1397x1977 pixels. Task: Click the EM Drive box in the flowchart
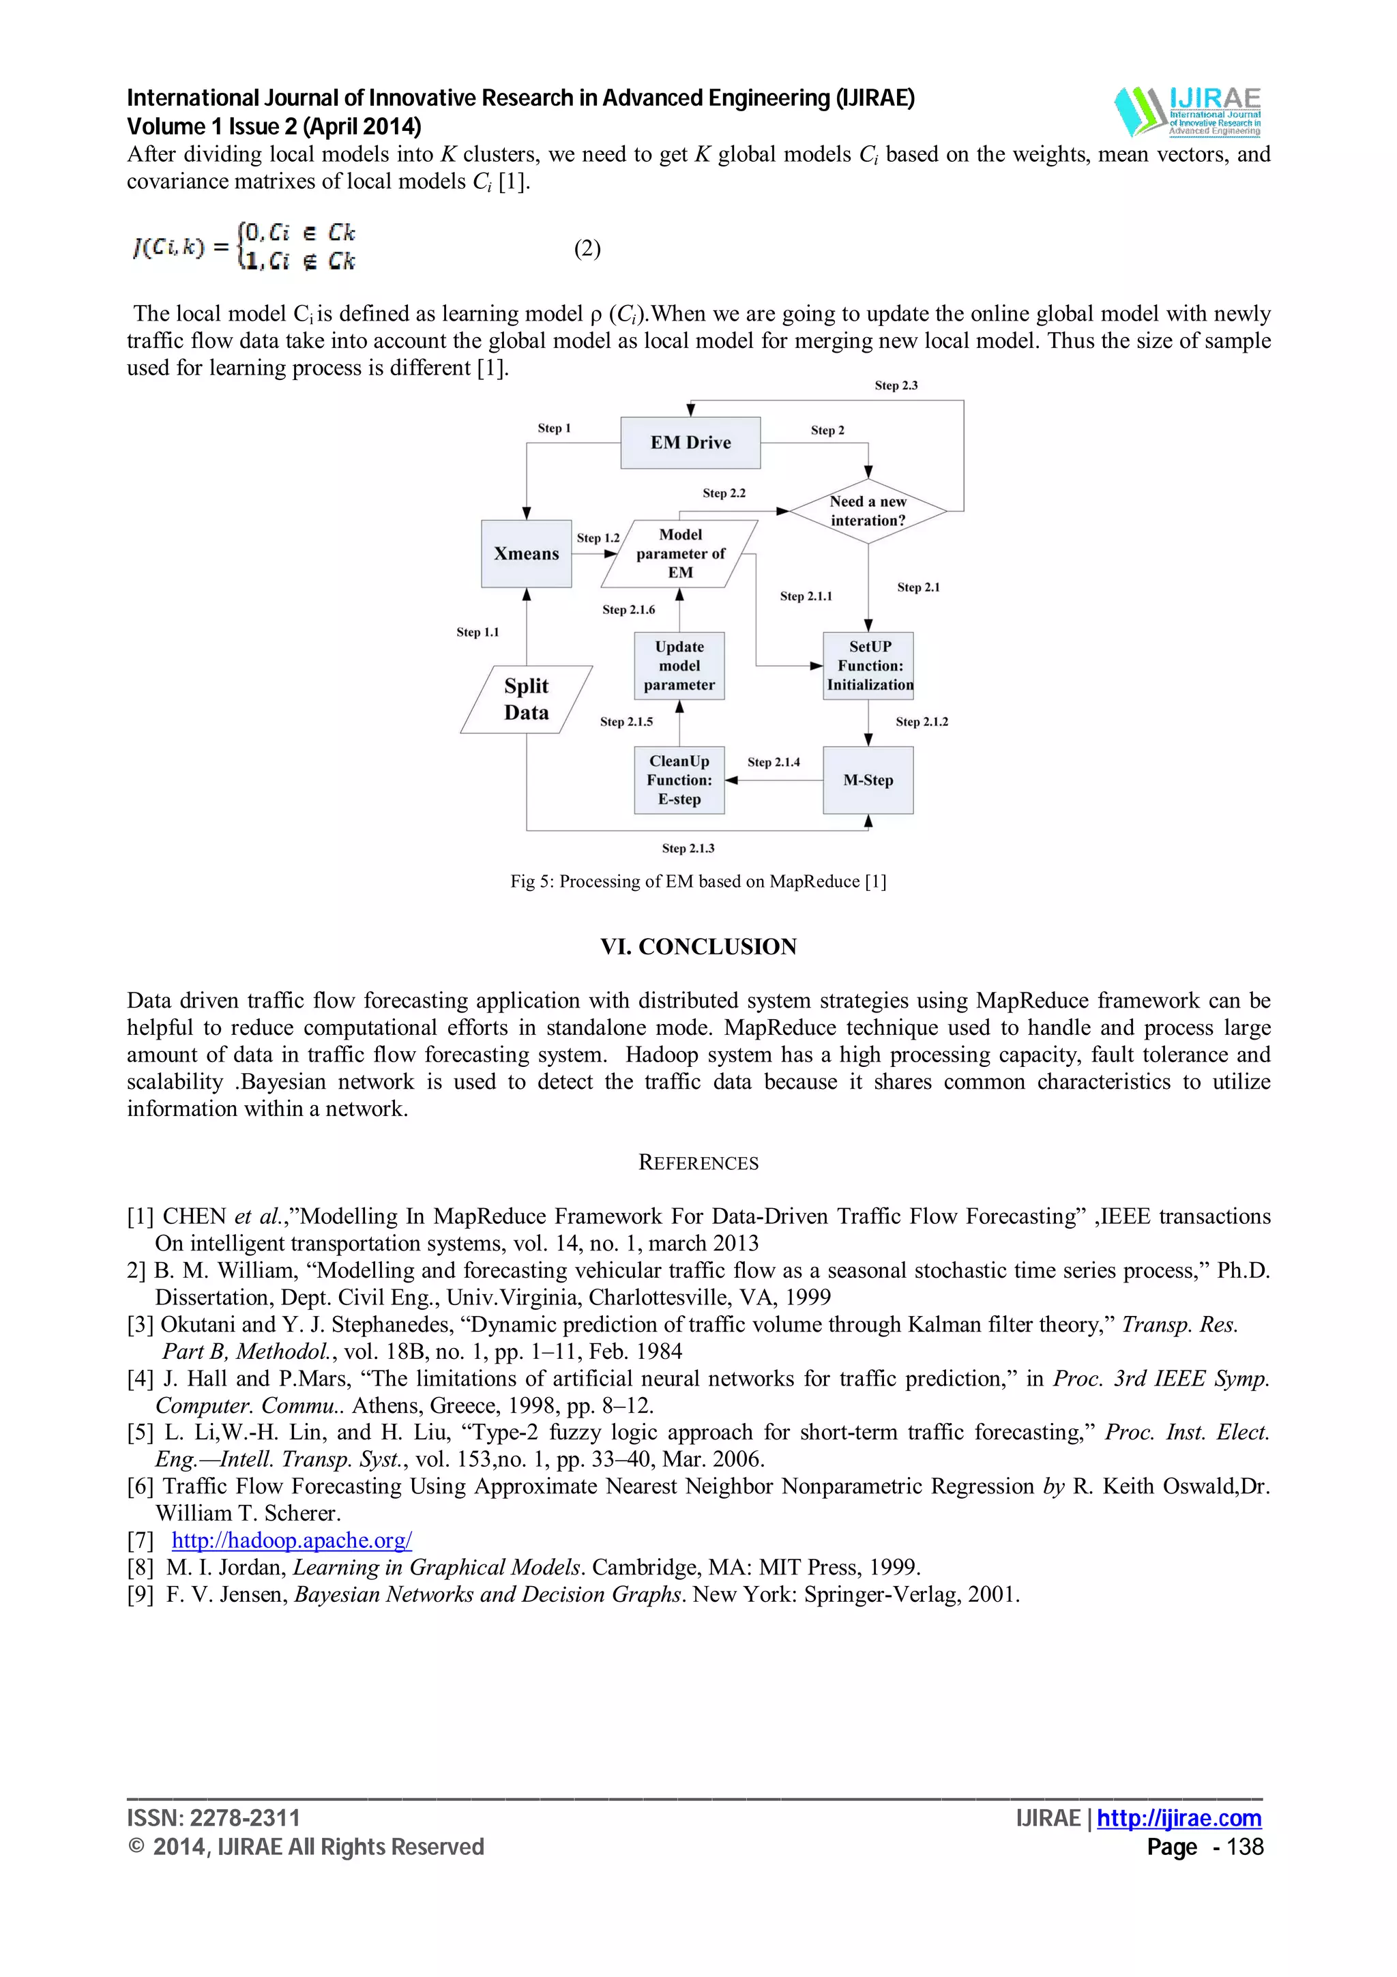690,443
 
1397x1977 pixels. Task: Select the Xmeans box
526,554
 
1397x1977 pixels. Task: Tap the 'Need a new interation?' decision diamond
868,510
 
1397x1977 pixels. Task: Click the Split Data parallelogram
526,699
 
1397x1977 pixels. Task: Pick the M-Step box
868,780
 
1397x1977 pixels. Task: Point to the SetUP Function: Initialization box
868,666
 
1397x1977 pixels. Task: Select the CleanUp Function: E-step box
679,780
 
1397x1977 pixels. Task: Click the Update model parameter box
679,666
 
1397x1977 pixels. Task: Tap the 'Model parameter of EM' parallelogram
680,554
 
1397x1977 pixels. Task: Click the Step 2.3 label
896,385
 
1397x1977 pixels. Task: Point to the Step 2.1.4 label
773,762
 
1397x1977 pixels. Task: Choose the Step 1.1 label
477,632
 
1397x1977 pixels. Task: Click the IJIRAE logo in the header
1187,112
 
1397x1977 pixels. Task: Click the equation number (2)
587,249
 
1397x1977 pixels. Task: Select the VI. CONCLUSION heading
698,946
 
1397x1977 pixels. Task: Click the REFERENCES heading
698,1162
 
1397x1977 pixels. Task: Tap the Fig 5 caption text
698,881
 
